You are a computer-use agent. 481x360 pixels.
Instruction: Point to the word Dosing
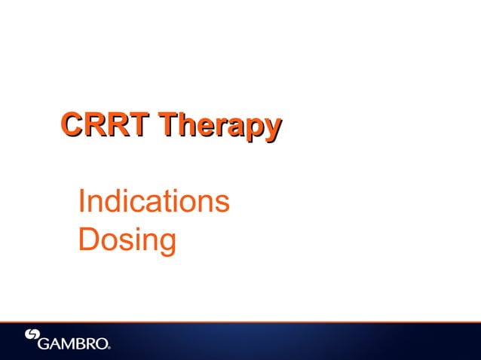pyautogui.click(x=127, y=243)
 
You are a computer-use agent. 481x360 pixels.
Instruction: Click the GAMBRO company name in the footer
pyautogui.click(x=73, y=344)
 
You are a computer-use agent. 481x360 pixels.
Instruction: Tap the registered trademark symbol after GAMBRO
pyautogui.click(x=109, y=348)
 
